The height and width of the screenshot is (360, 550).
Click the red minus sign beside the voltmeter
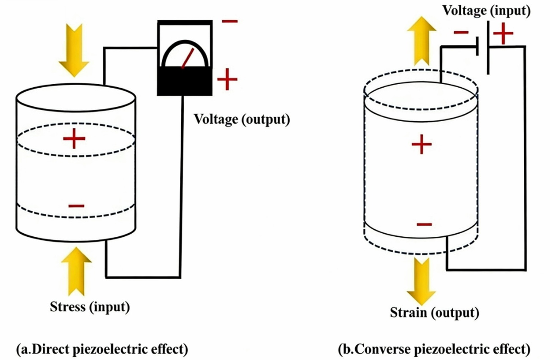[x=229, y=21]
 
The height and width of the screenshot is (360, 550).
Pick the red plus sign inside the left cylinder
[x=74, y=138]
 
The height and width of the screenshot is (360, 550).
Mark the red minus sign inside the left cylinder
[x=76, y=206]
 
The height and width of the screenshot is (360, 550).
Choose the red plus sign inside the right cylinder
[x=421, y=145]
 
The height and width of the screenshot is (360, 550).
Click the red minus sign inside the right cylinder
[x=424, y=224]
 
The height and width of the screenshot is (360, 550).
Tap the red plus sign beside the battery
[x=503, y=33]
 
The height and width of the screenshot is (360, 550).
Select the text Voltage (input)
[x=486, y=11]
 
